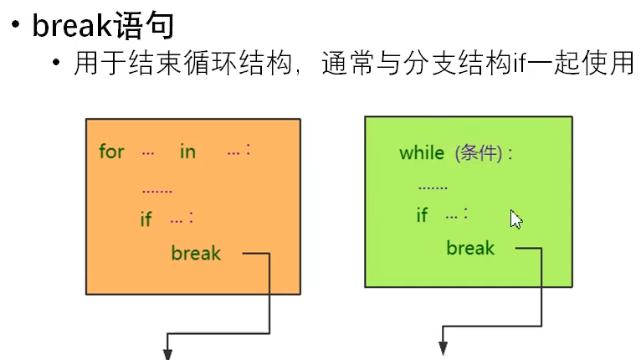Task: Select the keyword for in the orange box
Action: (x=110, y=152)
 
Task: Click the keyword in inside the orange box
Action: (x=187, y=152)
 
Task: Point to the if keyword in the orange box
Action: (x=146, y=219)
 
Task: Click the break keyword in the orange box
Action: (x=196, y=253)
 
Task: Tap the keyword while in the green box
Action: (x=422, y=153)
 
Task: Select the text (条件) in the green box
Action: (x=479, y=153)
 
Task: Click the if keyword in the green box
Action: (x=422, y=215)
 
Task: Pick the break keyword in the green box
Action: (x=470, y=248)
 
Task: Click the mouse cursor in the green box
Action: (x=516, y=219)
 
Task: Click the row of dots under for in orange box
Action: (x=156, y=190)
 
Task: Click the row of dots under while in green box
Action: (x=433, y=188)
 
